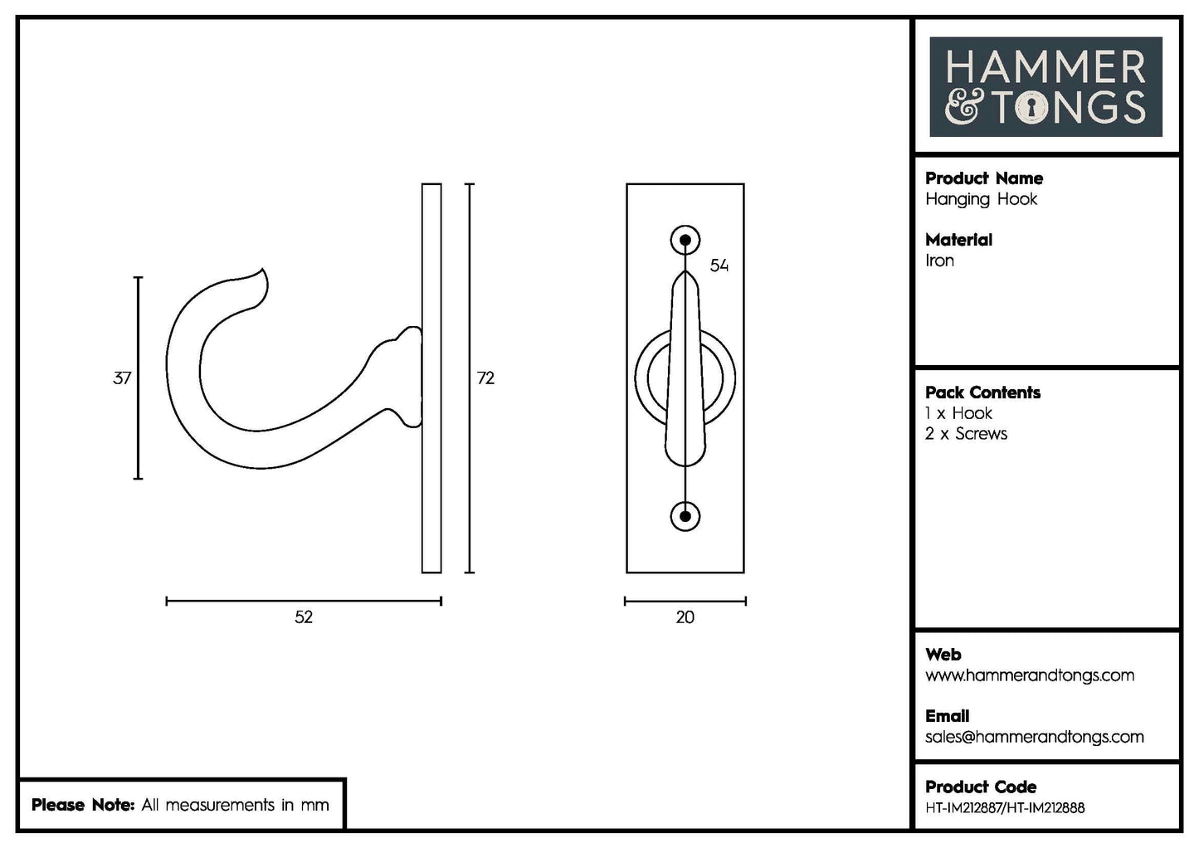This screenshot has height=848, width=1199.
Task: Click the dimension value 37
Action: coord(122,378)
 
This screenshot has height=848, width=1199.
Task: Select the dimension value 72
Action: coord(485,378)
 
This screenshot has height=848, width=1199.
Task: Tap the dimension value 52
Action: coord(304,617)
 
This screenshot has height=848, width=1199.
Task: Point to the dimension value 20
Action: coord(685,617)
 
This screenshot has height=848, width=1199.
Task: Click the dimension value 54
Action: coord(719,266)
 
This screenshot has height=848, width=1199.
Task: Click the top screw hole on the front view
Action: coord(685,241)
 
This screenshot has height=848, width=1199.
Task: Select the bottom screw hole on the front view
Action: coord(685,516)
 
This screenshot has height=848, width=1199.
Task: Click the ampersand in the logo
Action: coord(963,109)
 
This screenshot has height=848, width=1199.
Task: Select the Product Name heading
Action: coord(984,178)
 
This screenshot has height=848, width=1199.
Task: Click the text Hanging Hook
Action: coord(981,199)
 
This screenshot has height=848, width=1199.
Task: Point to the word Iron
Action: coord(939,261)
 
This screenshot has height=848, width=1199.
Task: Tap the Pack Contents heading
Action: coord(982,392)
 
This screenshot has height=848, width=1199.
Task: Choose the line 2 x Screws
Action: coord(966,434)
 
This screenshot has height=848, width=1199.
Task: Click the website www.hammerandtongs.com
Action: coord(1029,675)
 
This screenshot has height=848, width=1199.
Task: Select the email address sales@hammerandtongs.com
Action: coord(1034,737)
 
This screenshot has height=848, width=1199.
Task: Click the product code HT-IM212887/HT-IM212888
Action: coord(1004,808)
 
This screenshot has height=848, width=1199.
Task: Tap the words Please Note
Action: coord(82,805)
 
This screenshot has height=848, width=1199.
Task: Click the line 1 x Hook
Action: coord(958,413)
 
